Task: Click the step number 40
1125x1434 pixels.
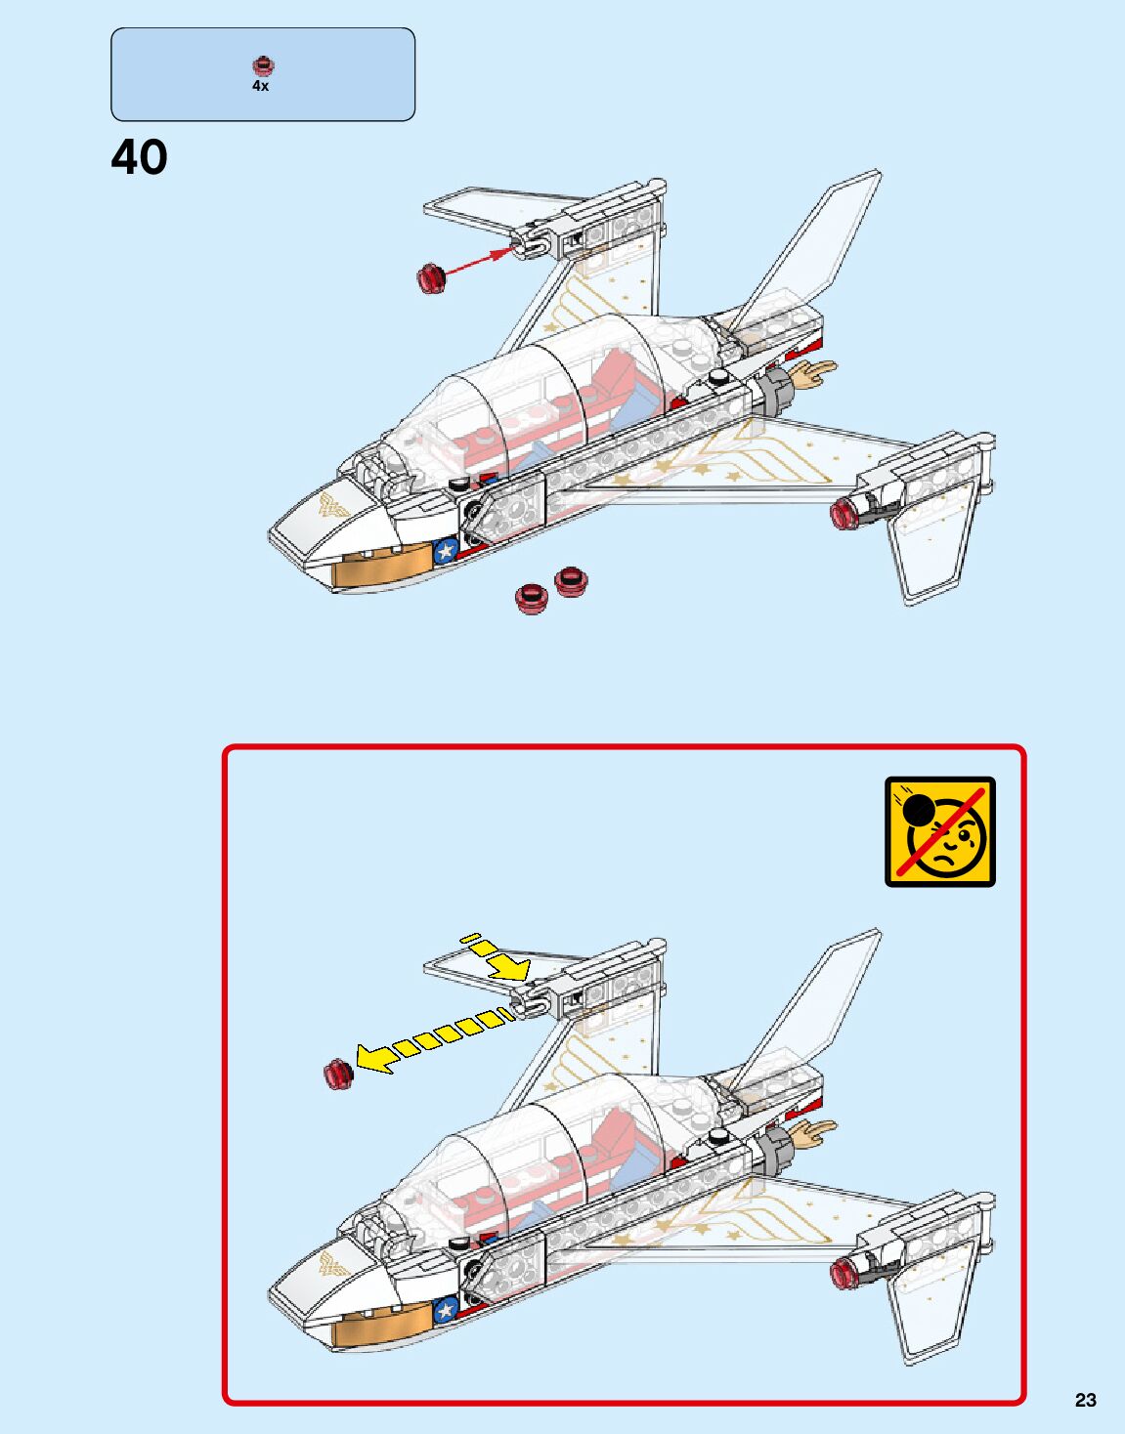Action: tap(139, 157)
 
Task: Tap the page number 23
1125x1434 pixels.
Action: tap(1085, 1400)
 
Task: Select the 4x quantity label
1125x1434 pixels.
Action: tap(260, 86)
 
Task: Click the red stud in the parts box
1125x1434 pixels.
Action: tap(262, 66)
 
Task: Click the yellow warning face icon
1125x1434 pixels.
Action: tap(939, 831)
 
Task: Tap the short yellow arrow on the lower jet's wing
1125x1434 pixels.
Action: tap(498, 957)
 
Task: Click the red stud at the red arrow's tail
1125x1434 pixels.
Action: tap(431, 277)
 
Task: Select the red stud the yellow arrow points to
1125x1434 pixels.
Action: tap(338, 1074)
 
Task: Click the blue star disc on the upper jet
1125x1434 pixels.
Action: tap(446, 551)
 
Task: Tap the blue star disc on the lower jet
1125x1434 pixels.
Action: tap(446, 1309)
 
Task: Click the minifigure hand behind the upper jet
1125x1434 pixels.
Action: tap(813, 373)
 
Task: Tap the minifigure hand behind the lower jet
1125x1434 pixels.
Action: tap(813, 1132)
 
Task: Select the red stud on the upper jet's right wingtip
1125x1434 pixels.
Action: tap(844, 512)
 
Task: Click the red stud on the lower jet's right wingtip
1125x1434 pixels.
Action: tap(844, 1272)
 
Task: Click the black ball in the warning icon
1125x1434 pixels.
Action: tap(918, 810)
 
